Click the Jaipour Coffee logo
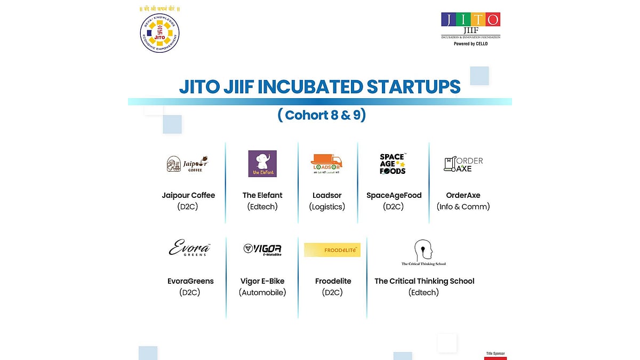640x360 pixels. tap(187, 164)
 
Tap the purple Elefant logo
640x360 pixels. tap(262, 164)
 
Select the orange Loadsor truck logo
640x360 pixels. tap(327, 164)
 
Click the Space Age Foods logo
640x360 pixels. tap(393, 164)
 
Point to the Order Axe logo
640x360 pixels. tap(463, 164)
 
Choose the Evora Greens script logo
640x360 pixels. tap(190, 249)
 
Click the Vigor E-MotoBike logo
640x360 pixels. tap(262, 249)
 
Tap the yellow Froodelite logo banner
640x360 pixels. tap(332, 250)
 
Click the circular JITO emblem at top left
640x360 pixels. tap(159, 33)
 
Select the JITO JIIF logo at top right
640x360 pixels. tap(470, 26)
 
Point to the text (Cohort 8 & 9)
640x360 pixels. tap(322, 115)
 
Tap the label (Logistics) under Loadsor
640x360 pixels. tap(327, 207)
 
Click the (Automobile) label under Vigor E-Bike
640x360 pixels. tap(262, 292)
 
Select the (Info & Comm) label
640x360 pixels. tap(463, 207)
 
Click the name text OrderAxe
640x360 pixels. tap(463, 195)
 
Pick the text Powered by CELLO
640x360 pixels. tap(470, 44)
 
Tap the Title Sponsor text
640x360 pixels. tap(495, 353)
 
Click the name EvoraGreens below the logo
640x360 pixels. tap(190, 281)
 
